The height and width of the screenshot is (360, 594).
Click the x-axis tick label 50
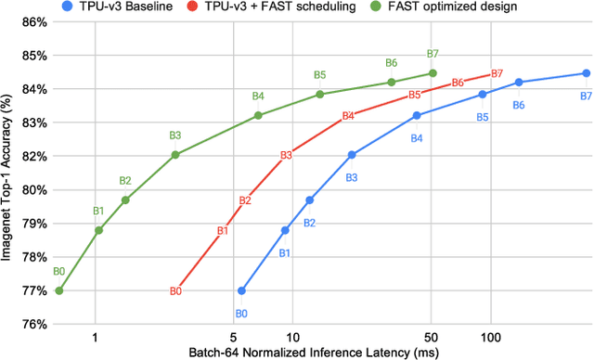pos(431,339)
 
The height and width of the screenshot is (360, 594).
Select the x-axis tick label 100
pos(491,339)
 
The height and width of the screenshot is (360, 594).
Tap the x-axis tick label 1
pos(95,339)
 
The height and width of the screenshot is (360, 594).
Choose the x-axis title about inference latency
pos(315,353)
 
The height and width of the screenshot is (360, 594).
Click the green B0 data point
pos(59,290)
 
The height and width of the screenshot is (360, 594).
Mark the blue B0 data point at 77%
pos(241,290)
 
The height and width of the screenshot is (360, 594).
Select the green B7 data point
pos(433,73)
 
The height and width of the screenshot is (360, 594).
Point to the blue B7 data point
pos(587,73)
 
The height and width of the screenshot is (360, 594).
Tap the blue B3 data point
pos(352,155)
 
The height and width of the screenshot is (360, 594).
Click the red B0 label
pos(174,291)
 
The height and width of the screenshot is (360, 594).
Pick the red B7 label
pos(497,73)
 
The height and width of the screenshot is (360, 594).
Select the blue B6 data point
pos(519,82)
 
